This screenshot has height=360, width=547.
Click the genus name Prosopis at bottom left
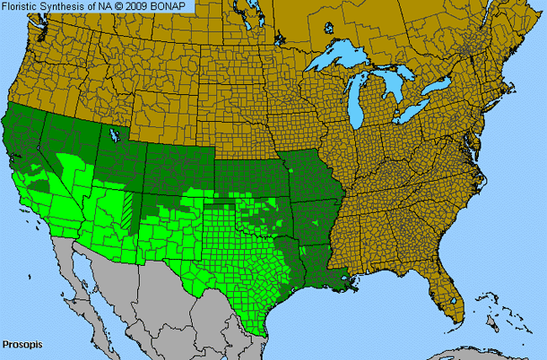click(x=22, y=345)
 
